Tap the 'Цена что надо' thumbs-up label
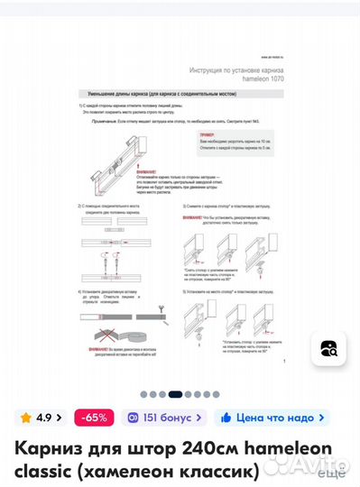[x=271, y=418]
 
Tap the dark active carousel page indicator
[x=176, y=394]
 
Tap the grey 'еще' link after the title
[x=331, y=471]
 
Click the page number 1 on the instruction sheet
[x=285, y=361]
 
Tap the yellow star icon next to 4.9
[x=26, y=418]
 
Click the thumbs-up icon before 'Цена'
[x=226, y=418]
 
